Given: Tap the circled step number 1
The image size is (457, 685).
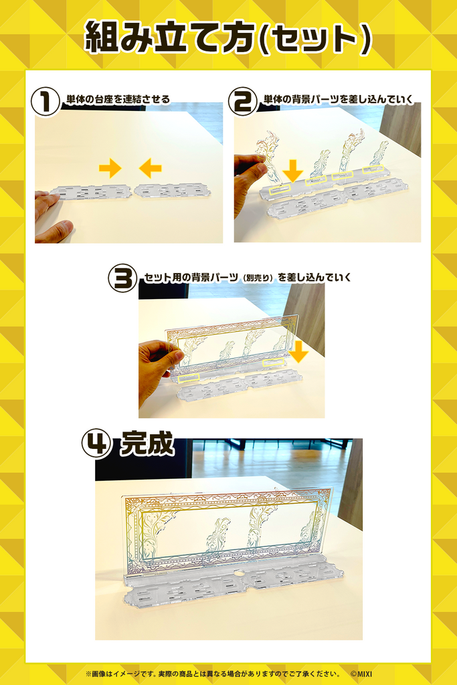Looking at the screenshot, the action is click(x=45, y=102).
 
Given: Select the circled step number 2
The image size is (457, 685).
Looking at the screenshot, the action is click(x=242, y=102).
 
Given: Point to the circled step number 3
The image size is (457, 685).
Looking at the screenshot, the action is click(x=122, y=279).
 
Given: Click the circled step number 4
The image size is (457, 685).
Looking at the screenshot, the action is click(x=96, y=445).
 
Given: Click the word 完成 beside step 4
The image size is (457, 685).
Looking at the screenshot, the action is click(x=147, y=444).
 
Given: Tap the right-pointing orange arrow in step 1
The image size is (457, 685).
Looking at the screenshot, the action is click(x=110, y=168).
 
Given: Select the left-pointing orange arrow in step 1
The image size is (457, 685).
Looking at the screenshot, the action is click(x=151, y=168).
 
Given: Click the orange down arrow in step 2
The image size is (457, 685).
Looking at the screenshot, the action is click(x=292, y=171).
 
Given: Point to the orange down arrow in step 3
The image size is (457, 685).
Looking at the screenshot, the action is click(x=299, y=352).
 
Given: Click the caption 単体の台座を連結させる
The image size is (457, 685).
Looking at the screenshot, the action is click(x=118, y=100).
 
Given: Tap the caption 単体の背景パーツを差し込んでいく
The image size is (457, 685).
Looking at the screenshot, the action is click(x=338, y=100).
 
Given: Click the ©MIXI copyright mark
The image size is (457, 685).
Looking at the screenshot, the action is click(x=361, y=674).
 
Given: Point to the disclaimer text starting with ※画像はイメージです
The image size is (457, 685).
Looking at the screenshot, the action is click(x=213, y=674).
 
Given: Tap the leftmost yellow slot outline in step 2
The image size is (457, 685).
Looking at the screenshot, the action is click(x=279, y=188).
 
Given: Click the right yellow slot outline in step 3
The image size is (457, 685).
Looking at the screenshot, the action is click(x=274, y=363).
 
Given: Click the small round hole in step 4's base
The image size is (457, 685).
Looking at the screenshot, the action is click(x=238, y=571).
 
